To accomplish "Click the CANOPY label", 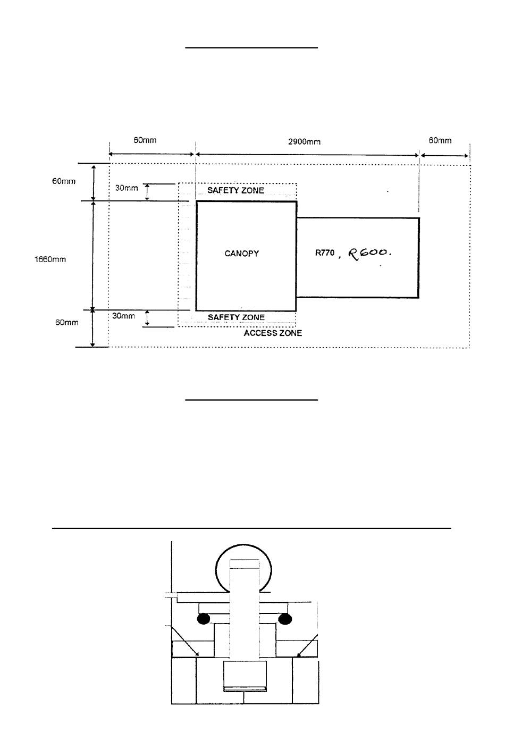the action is click(x=241, y=254).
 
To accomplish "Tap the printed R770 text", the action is click(x=325, y=253).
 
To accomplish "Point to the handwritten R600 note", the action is click(x=369, y=253).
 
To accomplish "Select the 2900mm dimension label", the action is click(x=305, y=142).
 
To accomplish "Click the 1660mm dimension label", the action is click(x=50, y=259).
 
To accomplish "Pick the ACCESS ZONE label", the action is click(x=273, y=333).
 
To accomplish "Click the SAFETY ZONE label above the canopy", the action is click(x=236, y=190).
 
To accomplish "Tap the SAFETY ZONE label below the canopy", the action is click(x=236, y=317).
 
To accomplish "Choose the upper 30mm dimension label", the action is click(x=127, y=188).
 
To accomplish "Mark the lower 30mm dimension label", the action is click(x=123, y=316).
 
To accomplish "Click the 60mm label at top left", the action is click(x=145, y=140).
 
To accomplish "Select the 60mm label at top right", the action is click(x=440, y=140).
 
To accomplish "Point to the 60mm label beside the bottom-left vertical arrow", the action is click(x=67, y=322).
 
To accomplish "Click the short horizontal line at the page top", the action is click(x=251, y=48).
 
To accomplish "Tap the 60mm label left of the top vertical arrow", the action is click(x=64, y=181).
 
